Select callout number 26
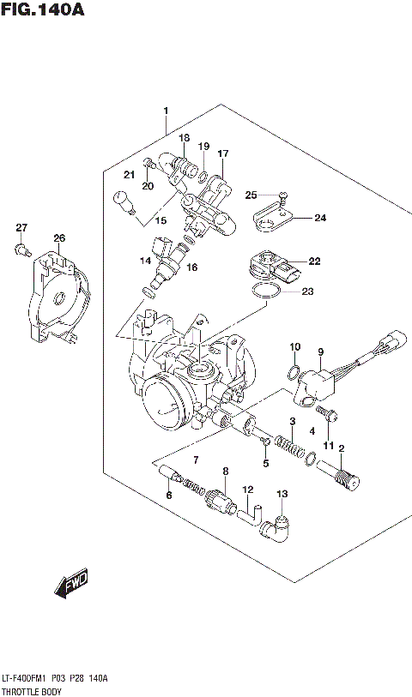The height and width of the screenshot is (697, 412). click(58, 238)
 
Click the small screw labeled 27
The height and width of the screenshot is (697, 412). click(20, 249)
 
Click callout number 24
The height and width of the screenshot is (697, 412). click(319, 218)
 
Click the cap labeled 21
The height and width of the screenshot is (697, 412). click(123, 203)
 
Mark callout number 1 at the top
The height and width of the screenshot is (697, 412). click(166, 111)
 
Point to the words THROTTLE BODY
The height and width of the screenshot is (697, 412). click(31, 688)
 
